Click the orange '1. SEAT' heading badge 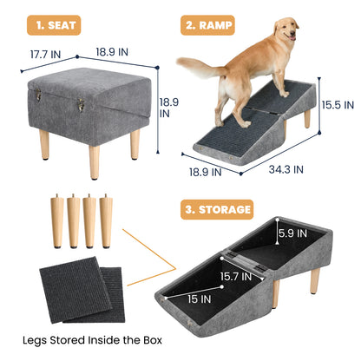pyautogui.click(x=53, y=25)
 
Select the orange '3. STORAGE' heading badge pyautogui.click(x=217, y=209)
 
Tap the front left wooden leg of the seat pyautogui.click(x=44, y=145)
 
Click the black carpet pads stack pyautogui.click(x=82, y=291)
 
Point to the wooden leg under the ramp pyautogui.click(x=307, y=118)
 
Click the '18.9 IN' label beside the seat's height pyautogui.click(x=169, y=107)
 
